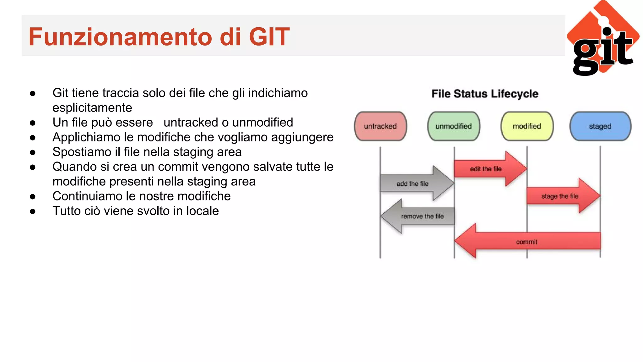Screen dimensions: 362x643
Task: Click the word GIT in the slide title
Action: tap(269, 37)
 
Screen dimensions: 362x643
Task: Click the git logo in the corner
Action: tap(603, 39)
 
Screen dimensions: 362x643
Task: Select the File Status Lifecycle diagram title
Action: tap(485, 94)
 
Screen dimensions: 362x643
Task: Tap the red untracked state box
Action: tap(380, 126)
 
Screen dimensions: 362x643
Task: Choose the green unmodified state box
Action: tap(453, 126)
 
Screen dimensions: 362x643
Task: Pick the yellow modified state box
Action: tap(527, 126)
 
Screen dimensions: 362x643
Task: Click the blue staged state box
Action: tap(600, 126)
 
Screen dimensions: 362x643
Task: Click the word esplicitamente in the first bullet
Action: tap(92, 108)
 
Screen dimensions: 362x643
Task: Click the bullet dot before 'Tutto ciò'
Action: tap(33, 211)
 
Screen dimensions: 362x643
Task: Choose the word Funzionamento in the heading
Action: tap(119, 37)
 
